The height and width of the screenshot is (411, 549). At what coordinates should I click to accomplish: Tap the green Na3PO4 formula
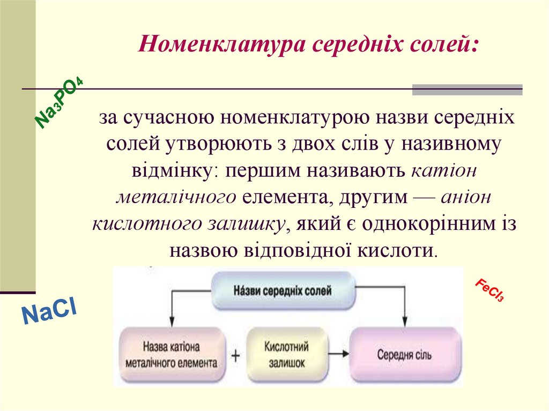59,103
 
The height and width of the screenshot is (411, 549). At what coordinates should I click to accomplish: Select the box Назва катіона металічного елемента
171,354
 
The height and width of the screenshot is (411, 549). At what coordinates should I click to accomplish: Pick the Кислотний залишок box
285,354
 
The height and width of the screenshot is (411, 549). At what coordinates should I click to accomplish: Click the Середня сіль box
405,355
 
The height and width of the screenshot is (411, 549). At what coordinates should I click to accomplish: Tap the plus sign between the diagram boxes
235,355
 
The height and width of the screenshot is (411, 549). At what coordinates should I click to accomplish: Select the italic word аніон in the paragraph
466,197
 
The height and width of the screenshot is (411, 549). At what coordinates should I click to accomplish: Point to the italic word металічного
176,197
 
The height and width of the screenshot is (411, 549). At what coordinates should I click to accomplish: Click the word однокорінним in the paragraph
427,223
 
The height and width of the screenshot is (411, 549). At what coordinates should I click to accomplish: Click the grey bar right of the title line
467,89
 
